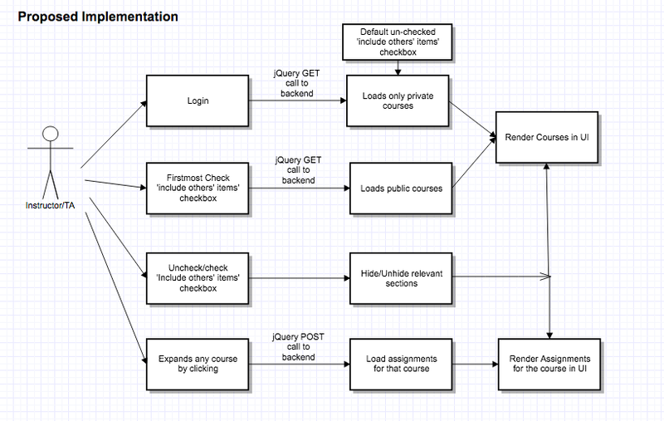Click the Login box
pyautogui.click(x=198, y=100)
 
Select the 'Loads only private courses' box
pyautogui.click(x=398, y=100)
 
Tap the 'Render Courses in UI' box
pyautogui.click(x=547, y=137)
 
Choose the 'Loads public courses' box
pyautogui.click(x=401, y=188)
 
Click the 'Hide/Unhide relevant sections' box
pyautogui.click(x=401, y=279)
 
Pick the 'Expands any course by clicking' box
pyautogui.click(x=198, y=365)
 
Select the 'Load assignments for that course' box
pyautogui.click(x=401, y=365)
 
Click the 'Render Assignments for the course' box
pyautogui.click(x=549, y=365)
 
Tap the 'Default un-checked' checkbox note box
pyautogui.click(x=398, y=42)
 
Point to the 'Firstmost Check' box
pyautogui.click(x=198, y=188)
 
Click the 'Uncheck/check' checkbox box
pyautogui.click(x=198, y=279)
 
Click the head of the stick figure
pyautogui.click(x=51, y=134)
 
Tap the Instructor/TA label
pyautogui.click(x=50, y=205)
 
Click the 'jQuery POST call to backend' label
pyautogui.click(x=298, y=347)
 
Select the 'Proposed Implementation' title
pyautogui.click(x=98, y=17)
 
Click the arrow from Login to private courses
pyautogui.click(x=298, y=100)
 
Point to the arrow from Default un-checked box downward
pyautogui.click(x=398, y=68)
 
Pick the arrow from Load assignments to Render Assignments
pyautogui.click(x=475, y=365)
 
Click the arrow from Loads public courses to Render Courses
pyautogui.click(x=474, y=163)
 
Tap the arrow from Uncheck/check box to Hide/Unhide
pyautogui.click(x=300, y=278)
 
